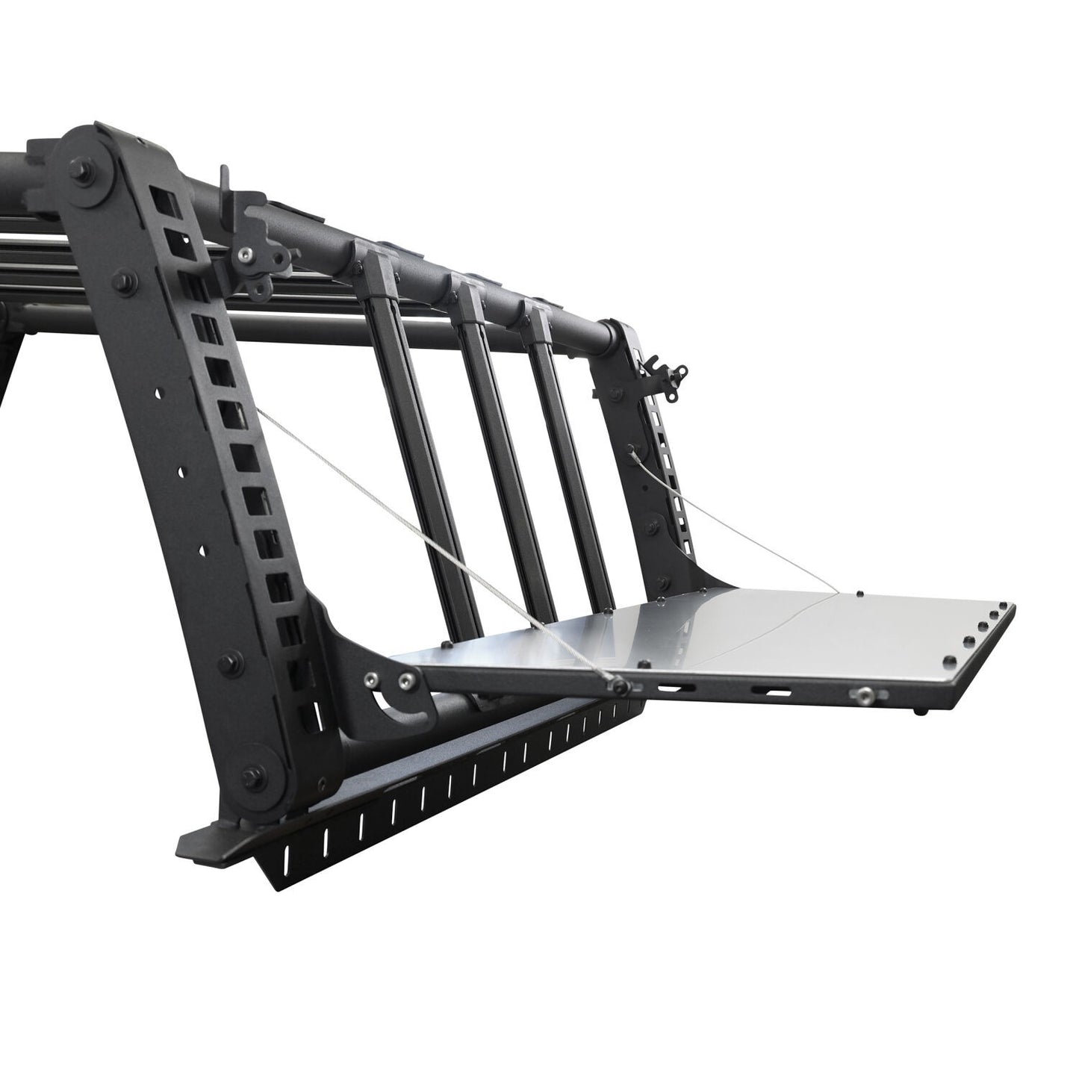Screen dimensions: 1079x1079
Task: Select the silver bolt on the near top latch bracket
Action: [x=243, y=255]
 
